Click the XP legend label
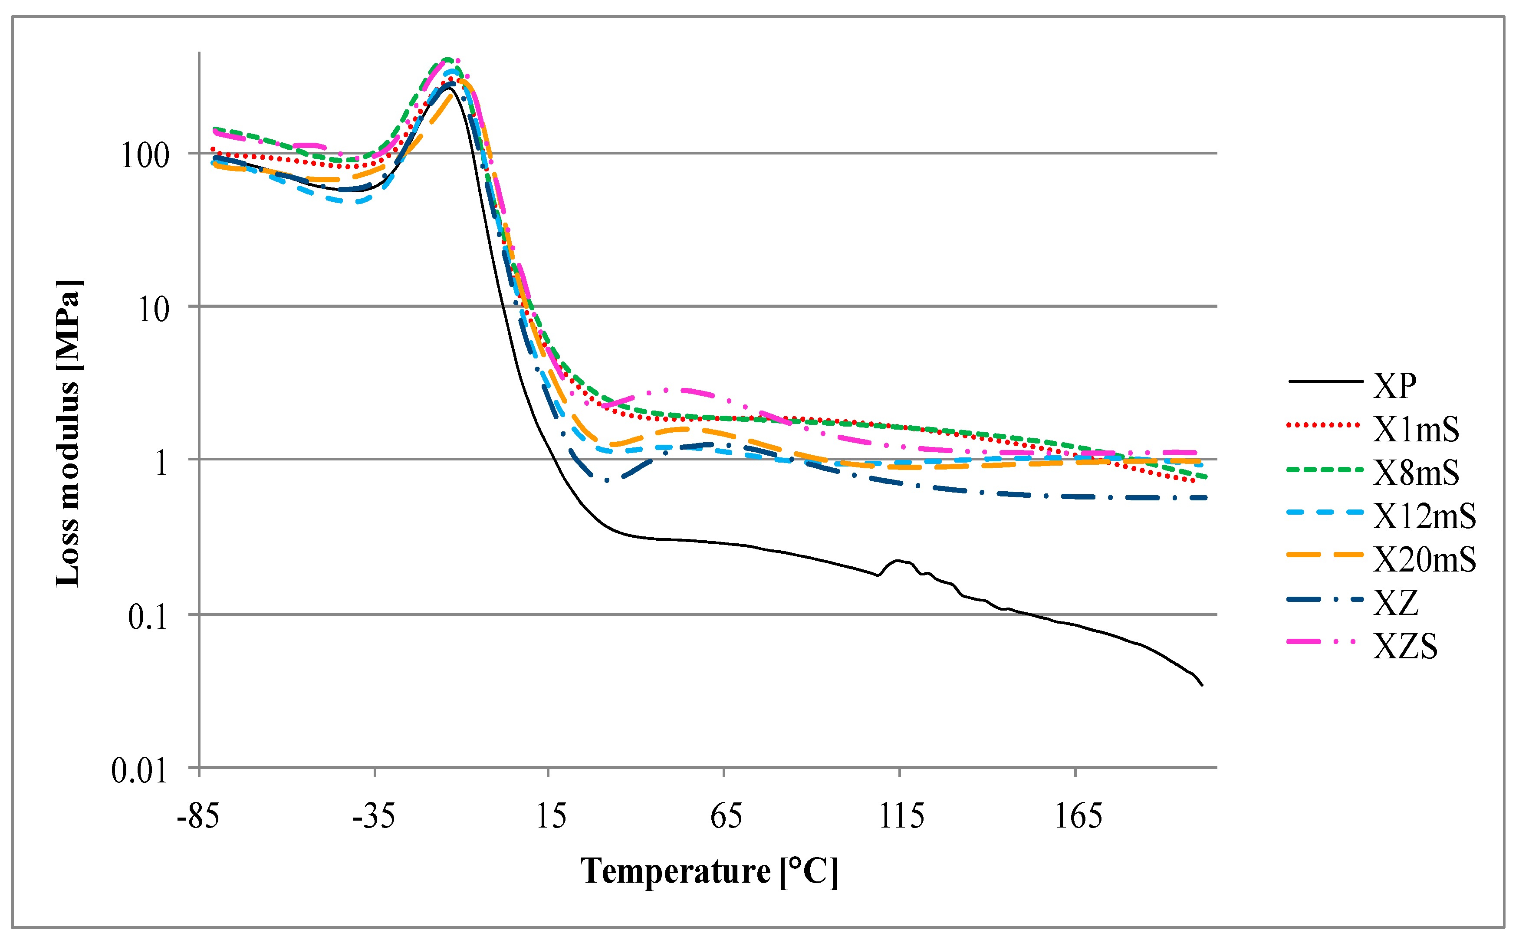(x=1395, y=386)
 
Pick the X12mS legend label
(x=1425, y=516)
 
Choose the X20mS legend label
(x=1425, y=559)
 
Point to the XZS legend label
(x=1406, y=646)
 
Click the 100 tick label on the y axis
(x=145, y=155)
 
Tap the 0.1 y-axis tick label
(x=148, y=618)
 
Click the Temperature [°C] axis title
(x=709, y=871)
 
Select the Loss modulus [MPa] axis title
(x=69, y=434)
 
